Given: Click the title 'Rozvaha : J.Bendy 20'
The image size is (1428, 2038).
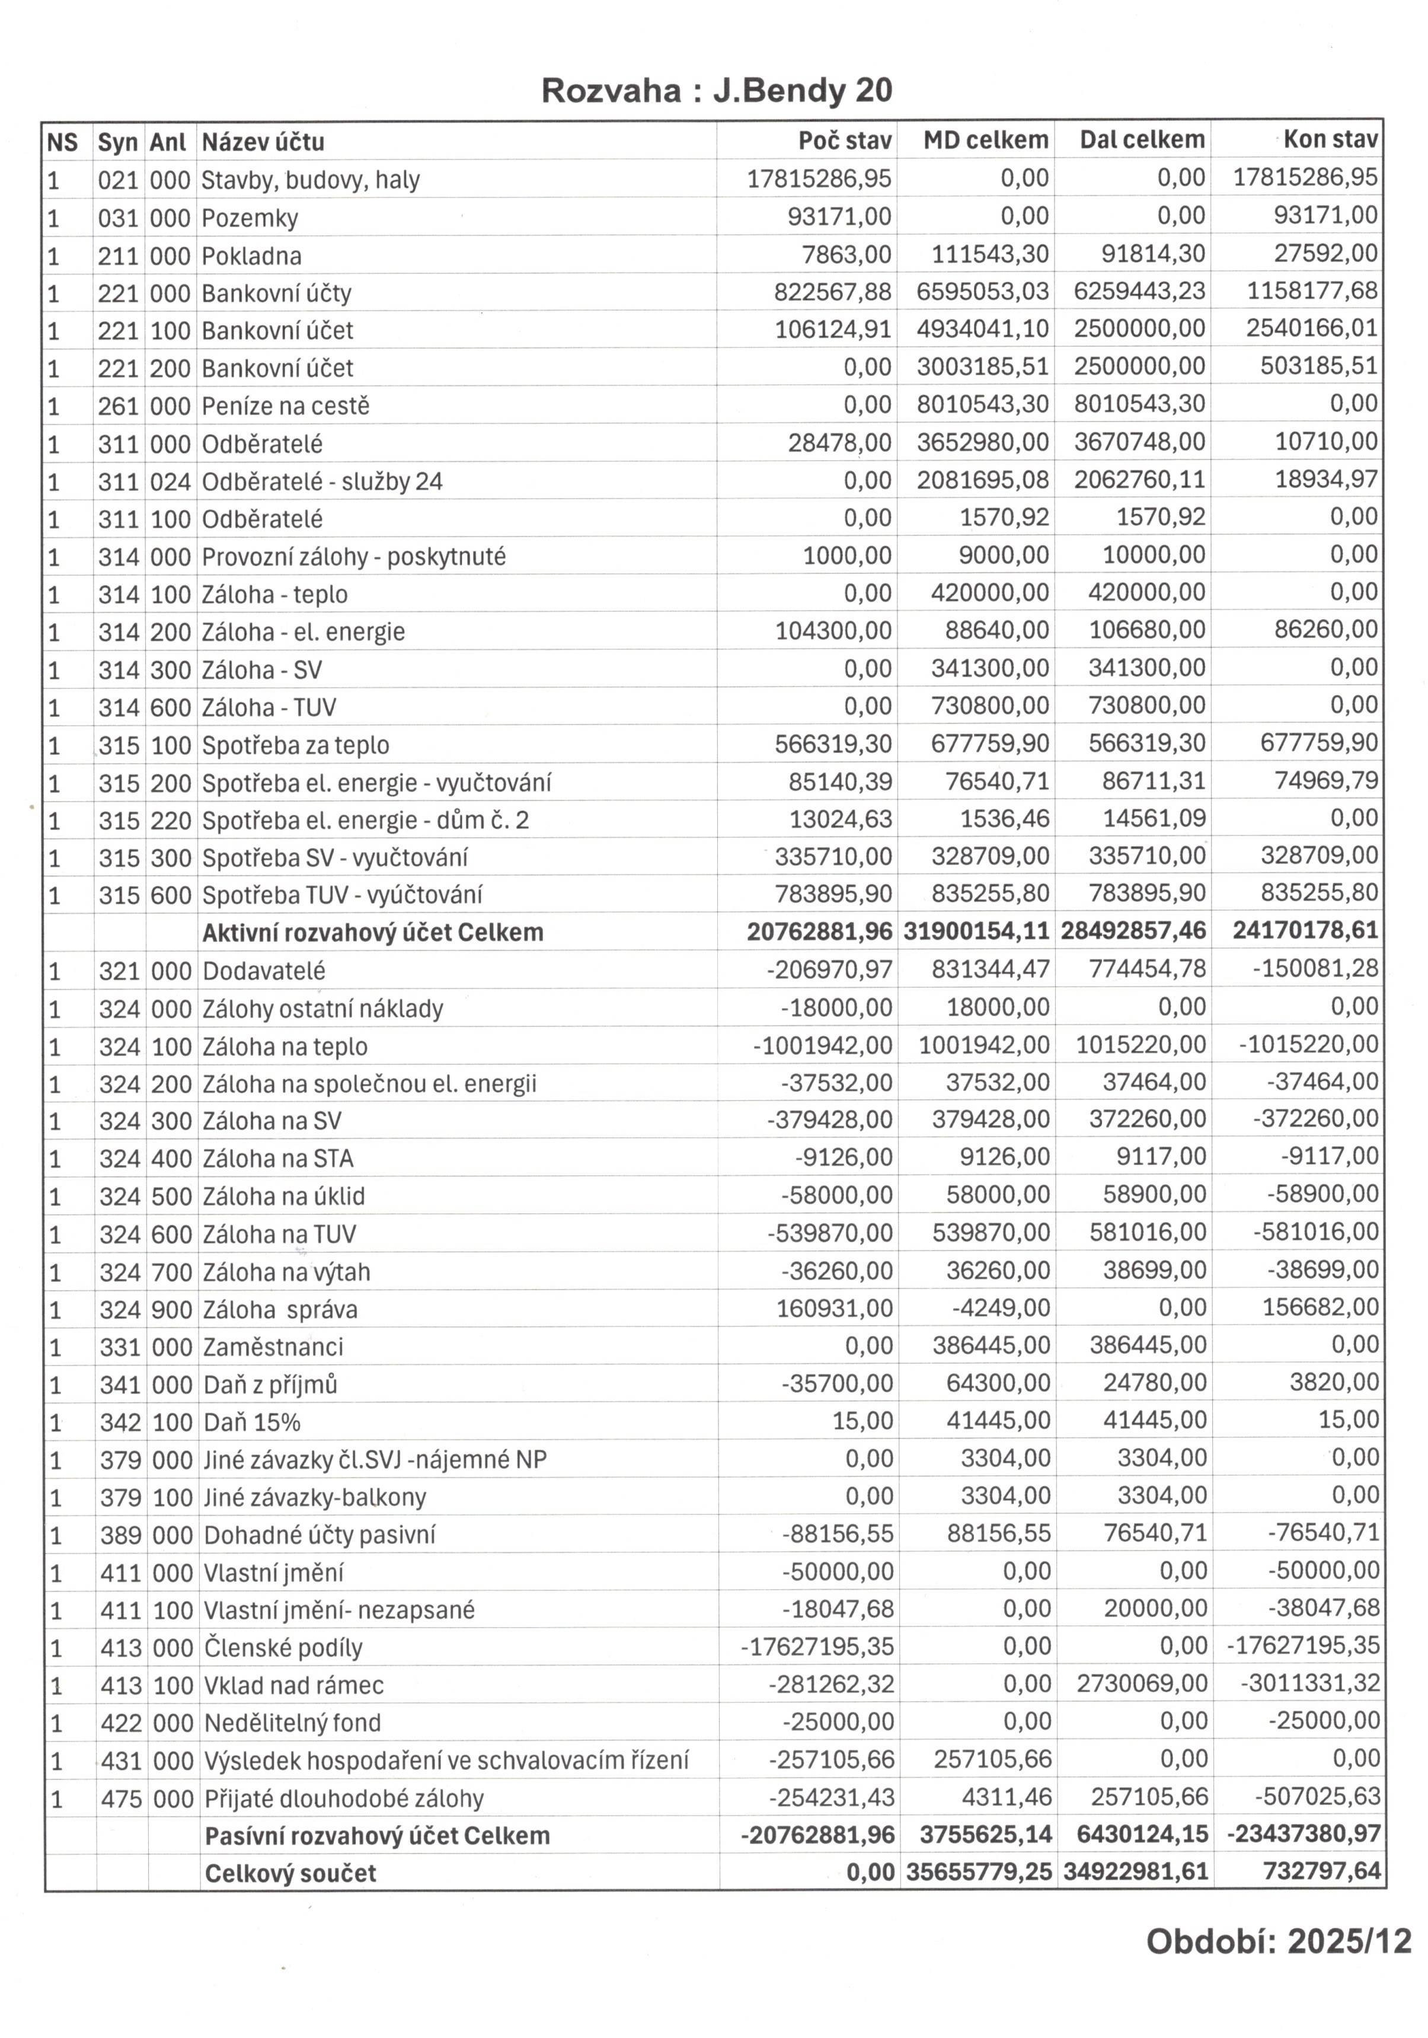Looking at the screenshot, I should click(x=716, y=91).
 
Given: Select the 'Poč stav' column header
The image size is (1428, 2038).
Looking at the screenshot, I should click(x=844, y=141).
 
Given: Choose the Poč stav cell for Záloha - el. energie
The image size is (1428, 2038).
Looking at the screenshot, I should click(x=832, y=630).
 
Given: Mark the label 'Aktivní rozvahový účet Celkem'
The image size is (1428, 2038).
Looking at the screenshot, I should click(x=373, y=932).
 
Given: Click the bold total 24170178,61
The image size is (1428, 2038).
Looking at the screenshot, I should click(x=1305, y=930).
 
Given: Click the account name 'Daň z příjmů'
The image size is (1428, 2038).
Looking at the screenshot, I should click(x=270, y=1384).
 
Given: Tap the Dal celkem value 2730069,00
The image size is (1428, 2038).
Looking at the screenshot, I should click(x=1141, y=1684).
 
